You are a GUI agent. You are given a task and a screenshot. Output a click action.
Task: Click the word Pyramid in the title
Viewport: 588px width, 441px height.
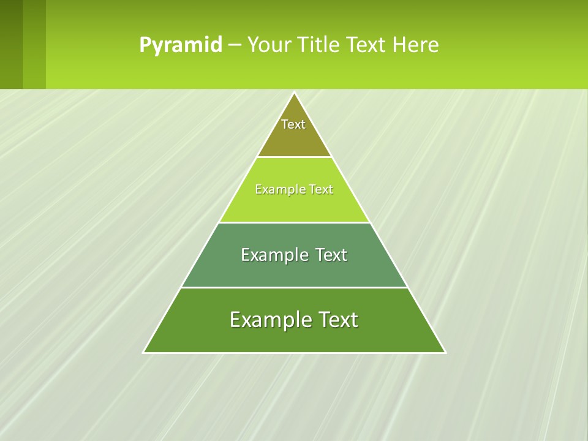pyautogui.click(x=181, y=45)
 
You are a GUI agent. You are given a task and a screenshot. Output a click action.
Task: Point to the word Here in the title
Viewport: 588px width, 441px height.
pyautogui.click(x=416, y=45)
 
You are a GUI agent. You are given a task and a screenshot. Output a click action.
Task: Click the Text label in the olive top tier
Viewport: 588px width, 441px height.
pyautogui.click(x=293, y=124)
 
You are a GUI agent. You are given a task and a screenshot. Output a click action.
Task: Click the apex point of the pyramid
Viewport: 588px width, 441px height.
pyautogui.click(x=295, y=93)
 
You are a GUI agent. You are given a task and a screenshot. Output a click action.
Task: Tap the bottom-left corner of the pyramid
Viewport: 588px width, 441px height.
pyautogui.click(x=144, y=352)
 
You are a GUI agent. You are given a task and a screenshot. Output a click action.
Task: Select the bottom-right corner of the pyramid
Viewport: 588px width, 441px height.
pyautogui.click(x=445, y=352)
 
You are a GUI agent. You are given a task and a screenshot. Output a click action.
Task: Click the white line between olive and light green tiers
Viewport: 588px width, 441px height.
pyautogui.click(x=295, y=157)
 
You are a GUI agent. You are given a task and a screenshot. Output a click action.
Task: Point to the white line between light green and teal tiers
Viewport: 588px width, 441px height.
pyautogui.click(x=295, y=222)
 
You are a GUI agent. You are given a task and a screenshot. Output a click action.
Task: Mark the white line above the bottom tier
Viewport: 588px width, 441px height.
pyautogui.click(x=295, y=287)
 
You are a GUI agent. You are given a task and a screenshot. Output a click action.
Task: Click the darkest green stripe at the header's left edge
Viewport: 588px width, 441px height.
pyautogui.click(x=11, y=44)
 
